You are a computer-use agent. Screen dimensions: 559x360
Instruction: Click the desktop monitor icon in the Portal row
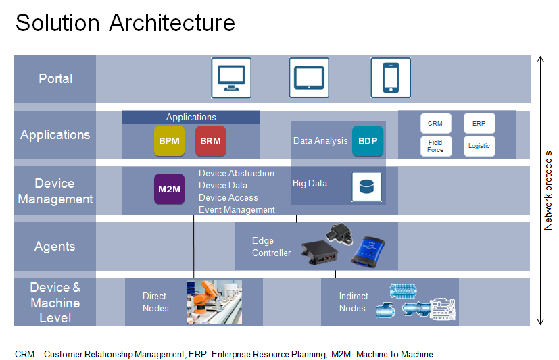(x=231, y=78)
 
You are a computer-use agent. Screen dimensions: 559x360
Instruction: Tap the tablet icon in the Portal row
(x=309, y=78)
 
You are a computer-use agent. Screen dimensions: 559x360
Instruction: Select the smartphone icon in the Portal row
(x=391, y=78)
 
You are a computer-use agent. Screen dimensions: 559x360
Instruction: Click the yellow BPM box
(x=170, y=141)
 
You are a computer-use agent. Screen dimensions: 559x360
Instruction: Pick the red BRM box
(x=210, y=141)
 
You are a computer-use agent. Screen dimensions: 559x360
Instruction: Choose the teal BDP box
(x=368, y=141)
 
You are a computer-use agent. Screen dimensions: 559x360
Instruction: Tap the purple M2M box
(x=170, y=189)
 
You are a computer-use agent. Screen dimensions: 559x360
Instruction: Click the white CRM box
(x=436, y=123)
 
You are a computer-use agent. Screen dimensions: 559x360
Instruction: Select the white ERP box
(x=479, y=123)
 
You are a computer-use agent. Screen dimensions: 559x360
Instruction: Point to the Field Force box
(x=436, y=146)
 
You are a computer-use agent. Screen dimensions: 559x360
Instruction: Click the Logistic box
(x=479, y=146)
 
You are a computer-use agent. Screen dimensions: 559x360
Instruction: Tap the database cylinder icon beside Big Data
(x=366, y=186)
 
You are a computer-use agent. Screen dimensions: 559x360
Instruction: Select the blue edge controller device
(x=368, y=252)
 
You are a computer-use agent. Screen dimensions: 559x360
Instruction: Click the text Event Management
(x=237, y=210)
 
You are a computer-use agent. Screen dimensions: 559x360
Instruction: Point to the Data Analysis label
(x=320, y=141)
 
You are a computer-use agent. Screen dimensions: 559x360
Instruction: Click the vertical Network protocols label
(x=548, y=190)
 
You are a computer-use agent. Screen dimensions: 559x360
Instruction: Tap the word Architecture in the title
(x=172, y=23)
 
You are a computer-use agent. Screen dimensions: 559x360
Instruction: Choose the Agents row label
(x=55, y=247)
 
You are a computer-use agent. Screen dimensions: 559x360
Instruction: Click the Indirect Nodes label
(x=354, y=303)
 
